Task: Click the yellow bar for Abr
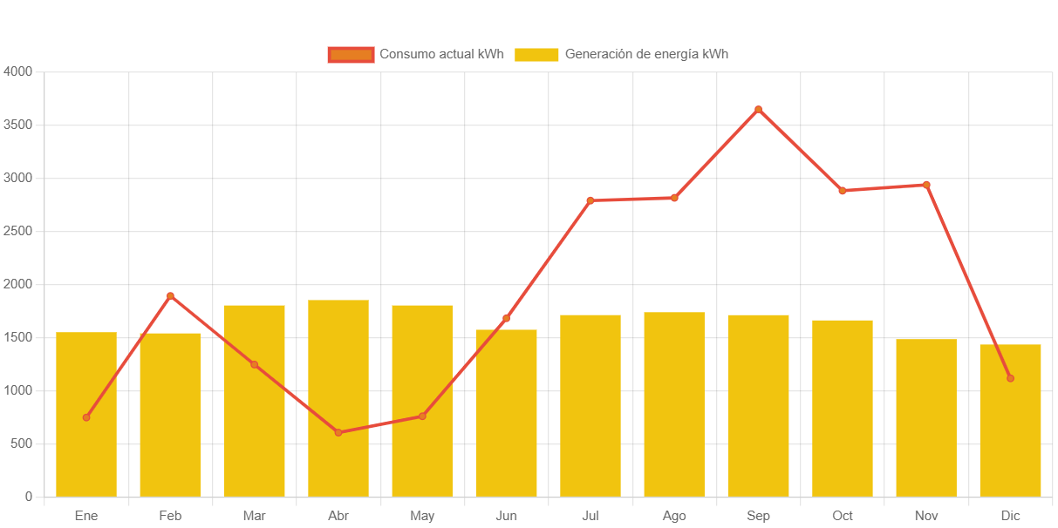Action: pyautogui.click(x=338, y=398)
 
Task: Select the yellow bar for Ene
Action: pyautogui.click(x=86, y=414)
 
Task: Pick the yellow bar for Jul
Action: pyautogui.click(x=590, y=405)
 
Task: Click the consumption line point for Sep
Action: pyautogui.click(x=758, y=109)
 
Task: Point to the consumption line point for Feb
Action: pyautogui.click(x=170, y=295)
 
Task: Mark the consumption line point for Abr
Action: pyautogui.click(x=338, y=432)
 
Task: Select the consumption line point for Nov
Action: pyautogui.click(x=926, y=185)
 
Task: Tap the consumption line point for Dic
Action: pyautogui.click(x=1010, y=378)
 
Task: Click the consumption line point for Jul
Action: pyautogui.click(x=590, y=200)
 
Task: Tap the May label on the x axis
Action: pyautogui.click(x=422, y=516)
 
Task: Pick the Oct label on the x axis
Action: pyautogui.click(x=843, y=516)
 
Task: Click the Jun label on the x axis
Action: pyautogui.click(x=506, y=516)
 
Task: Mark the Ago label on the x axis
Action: pyautogui.click(x=674, y=516)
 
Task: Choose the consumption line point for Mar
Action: pyautogui.click(x=255, y=364)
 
